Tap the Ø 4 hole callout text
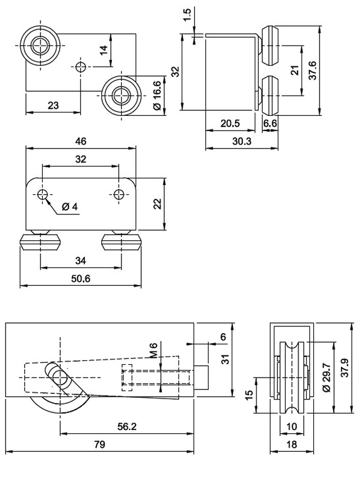(69, 207)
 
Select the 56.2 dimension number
(127, 426)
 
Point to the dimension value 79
(99, 445)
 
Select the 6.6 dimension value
(271, 123)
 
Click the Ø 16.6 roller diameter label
(157, 96)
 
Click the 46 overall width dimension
(81, 141)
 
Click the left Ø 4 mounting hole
(42, 195)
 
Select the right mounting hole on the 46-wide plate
(118, 195)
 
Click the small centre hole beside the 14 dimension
(82, 67)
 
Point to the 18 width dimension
(291, 444)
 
